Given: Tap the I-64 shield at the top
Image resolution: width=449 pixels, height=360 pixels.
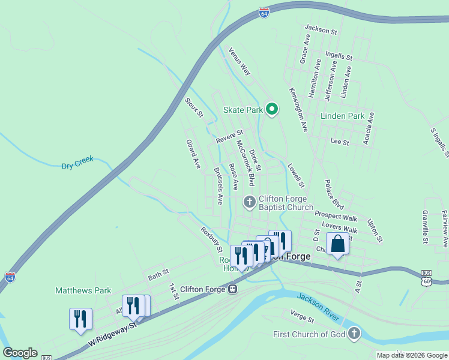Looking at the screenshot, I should (x=264, y=12).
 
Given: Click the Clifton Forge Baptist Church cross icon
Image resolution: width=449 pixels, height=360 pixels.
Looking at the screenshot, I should (x=249, y=202).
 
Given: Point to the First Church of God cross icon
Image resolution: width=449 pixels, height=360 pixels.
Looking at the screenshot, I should (x=355, y=334).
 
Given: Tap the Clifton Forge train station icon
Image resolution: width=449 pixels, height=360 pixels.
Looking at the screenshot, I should (x=232, y=289).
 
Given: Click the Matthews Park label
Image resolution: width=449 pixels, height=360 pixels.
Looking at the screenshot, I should (x=83, y=290).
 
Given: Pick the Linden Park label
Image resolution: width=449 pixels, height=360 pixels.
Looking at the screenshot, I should (x=342, y=116).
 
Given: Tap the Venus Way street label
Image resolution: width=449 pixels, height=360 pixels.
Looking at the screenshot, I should (x=239, y=61).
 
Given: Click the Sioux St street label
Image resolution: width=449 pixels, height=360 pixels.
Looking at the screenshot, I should (x=194, y=106).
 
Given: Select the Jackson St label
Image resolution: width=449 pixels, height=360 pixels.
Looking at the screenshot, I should (x=321, y=28).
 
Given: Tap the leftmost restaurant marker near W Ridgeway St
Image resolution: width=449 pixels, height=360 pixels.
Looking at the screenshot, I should (x=80, y=319).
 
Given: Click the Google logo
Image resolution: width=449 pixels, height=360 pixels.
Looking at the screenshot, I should (x=20, y=353).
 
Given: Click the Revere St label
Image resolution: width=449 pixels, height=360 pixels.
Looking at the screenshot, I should (x=229, y=137).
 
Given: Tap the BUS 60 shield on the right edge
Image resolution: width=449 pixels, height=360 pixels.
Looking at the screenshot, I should (x=426, y=276).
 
